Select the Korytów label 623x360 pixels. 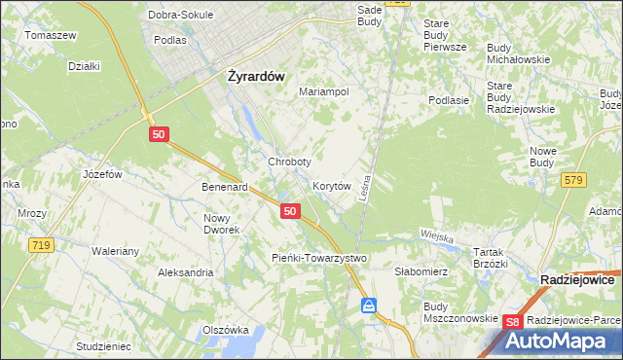pos(331,185)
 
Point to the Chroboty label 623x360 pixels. pos(289,162)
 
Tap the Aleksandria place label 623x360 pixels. pos(186,273)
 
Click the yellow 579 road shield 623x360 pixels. pos(573,179)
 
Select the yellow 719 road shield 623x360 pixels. pos(40,245)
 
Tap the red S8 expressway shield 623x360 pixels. pos(514,321)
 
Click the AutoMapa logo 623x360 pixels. pos(559,342)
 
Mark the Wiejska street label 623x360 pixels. pos(438,234)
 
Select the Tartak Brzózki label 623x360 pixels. pos(491,258)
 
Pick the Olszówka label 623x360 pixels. pos(226,330)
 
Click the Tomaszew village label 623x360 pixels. pos(51,35)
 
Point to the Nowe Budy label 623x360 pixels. pos(542,157)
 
